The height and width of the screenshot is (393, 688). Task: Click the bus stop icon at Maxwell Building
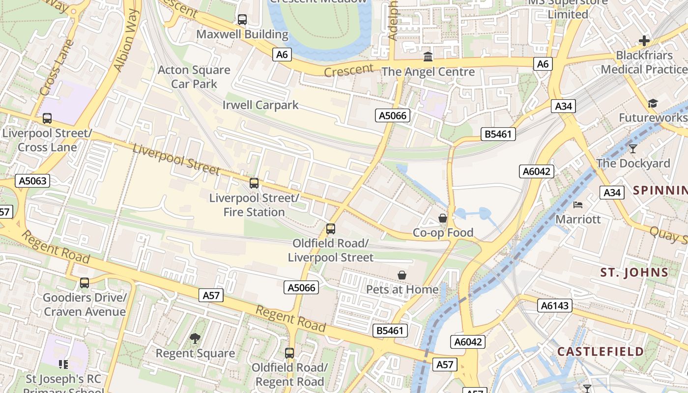242,20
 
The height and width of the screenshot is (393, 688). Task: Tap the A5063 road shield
33,181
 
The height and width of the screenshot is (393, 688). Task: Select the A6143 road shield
555,306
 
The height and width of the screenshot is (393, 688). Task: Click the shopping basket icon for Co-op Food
443,218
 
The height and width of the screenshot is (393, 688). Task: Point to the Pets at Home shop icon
402,275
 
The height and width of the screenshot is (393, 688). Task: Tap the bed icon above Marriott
578,204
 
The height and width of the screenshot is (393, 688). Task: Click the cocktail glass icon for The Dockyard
632,148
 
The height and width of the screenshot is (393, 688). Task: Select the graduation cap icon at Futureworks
652,103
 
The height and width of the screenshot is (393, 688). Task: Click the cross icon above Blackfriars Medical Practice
644,41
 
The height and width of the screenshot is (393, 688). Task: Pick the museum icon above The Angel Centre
428,57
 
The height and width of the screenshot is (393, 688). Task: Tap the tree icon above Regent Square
195,338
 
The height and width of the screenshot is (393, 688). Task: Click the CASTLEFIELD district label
600,351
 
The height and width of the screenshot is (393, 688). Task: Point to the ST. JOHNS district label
634,272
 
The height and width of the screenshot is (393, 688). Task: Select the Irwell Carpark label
260,105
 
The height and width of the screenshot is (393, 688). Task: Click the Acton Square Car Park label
194,77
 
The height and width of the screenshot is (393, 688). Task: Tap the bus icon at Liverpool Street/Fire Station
254,183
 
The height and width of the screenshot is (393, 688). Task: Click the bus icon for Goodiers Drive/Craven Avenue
85,283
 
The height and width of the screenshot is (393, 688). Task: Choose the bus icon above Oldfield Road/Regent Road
289,353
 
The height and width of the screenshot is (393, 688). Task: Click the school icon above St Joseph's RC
63,364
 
